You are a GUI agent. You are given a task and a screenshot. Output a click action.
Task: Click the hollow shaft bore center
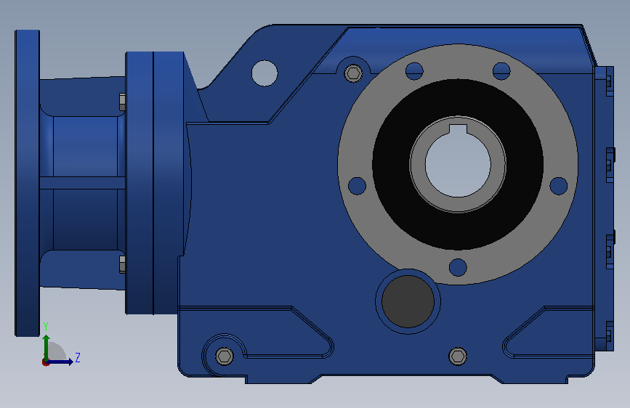(x=458, y=165)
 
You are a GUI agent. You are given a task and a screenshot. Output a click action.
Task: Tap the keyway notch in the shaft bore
(x=458, y=129)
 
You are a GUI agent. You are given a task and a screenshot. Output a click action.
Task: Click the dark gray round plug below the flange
(x=408, y=301)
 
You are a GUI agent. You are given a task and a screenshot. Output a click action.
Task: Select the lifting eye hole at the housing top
(x=264, y=73)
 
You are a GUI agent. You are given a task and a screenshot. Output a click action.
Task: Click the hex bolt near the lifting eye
(x=354, y=73)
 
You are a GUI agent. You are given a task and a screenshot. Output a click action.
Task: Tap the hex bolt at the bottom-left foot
(x=225, y=356)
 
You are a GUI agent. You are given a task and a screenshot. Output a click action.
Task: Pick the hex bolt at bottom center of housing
(x=458, y=356)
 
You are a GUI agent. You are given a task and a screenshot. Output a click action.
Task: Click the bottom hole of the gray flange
(x=458, y=267)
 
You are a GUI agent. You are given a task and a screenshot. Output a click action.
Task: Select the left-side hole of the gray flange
(x=357, y=186)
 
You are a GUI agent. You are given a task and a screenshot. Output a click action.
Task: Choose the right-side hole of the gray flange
(x=559, y=186)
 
